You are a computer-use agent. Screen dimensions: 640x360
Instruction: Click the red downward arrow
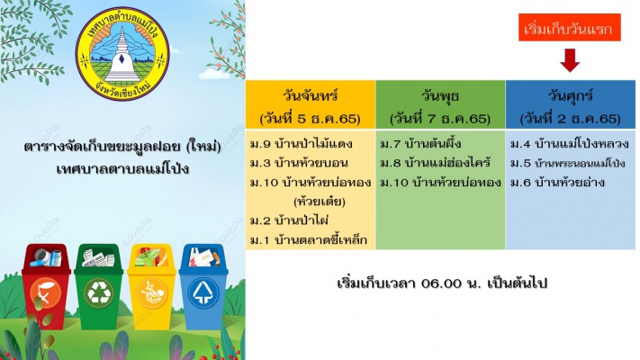tap(570, 60)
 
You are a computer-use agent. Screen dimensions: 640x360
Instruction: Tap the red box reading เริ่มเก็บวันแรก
tap(570, 27)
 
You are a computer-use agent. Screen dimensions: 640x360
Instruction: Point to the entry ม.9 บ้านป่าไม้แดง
tap(302, 144)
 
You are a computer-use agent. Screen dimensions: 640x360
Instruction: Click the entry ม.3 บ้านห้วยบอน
tap(299, 163)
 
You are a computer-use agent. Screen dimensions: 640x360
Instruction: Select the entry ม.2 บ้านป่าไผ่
tap(289, 220)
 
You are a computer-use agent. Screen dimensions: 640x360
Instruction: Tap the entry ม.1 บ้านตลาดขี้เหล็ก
tap(309, 240)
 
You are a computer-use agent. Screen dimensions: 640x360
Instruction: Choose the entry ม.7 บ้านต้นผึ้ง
tap(421, 144)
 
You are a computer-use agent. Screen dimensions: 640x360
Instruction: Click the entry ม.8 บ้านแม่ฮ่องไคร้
tap(436, 163)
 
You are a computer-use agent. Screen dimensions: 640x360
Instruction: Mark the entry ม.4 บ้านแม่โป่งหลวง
tap(570, 144)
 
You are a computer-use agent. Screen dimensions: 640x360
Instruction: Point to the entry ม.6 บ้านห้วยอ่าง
tap(557, 183)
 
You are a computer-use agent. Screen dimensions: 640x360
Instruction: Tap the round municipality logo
tap(122, 54)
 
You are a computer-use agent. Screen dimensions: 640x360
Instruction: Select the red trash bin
tap(46, 286)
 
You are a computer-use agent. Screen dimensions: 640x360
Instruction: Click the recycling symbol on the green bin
tap(98, 292)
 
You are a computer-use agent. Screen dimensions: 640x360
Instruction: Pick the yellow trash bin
tap(152, 286)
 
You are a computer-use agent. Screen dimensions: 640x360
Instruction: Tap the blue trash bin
tap(203, 286)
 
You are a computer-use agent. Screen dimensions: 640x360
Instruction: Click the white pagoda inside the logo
tap(122, 56)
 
